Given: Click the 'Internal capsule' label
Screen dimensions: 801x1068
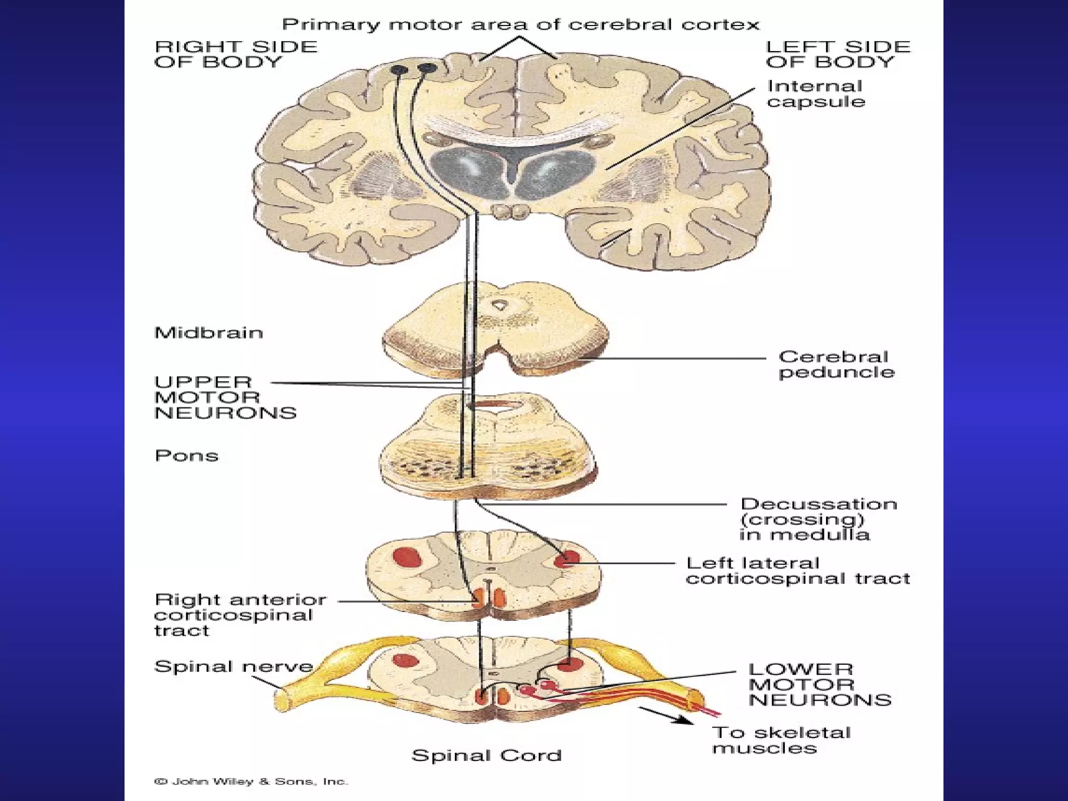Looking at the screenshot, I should [815, 94].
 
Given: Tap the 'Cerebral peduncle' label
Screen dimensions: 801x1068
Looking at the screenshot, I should [836, 365].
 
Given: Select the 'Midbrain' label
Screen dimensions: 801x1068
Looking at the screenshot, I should [209, 333].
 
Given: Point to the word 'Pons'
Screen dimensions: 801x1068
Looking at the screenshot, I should [186, 456].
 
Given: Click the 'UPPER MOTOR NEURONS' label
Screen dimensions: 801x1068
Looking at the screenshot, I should [225, 397].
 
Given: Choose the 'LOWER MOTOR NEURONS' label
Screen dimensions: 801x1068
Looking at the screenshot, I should [819, 685].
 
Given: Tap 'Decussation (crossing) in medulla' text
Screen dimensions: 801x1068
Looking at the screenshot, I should [818, 519].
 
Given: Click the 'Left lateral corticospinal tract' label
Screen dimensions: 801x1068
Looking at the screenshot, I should [797, 571].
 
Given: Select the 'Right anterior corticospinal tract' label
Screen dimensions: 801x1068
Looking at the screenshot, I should [240, 615].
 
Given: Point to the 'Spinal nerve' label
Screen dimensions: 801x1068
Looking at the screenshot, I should [233, 666].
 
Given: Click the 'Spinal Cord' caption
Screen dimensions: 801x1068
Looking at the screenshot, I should [486, 755].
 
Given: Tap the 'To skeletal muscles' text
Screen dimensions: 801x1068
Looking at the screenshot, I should [781, 740].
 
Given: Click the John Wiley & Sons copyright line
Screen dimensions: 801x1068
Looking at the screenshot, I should [251, 782].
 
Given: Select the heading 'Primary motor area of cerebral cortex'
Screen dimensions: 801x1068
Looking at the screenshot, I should [520, 25].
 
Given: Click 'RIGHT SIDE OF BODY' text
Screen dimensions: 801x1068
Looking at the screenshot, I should [236, 54].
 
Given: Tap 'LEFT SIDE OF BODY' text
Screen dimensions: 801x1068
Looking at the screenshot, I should [838, 54].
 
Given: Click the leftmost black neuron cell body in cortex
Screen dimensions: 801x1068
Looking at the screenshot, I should [400, 69].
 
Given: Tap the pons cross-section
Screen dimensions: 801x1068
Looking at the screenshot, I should [488, 448].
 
